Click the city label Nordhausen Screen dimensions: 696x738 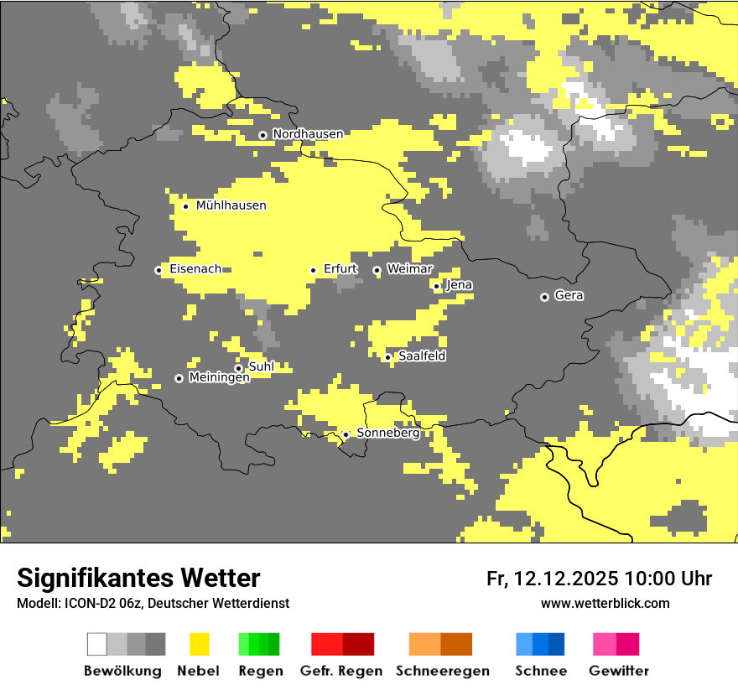click(x=308, y=134)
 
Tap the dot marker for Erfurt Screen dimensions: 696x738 click(x=313, y=270)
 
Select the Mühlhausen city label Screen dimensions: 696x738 click(x=231, y=205)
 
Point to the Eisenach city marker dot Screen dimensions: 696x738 click(x=159, y=270)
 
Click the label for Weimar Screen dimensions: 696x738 click(x=409, y=269)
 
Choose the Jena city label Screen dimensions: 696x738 click(x=460, y=285)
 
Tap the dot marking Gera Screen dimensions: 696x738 click(x=544, y=297)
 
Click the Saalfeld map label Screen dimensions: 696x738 click(x=422, y=356)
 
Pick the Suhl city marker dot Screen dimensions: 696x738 click(x=238, y=368)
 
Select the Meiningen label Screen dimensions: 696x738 click(x=219, y=378)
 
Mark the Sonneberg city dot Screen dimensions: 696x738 click(x=346, y=434)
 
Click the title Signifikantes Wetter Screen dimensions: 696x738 click(x=138, y=578)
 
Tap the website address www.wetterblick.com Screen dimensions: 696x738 click(x=605, y=603)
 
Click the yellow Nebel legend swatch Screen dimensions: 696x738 click(x=199, y=644)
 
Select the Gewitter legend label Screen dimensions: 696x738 click(x=619, y=671)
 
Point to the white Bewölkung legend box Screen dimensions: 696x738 click(x=97, y=644)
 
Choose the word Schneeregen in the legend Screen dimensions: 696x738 click(x=442, y=671)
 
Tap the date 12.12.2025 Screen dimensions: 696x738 click(x=565, y=579)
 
